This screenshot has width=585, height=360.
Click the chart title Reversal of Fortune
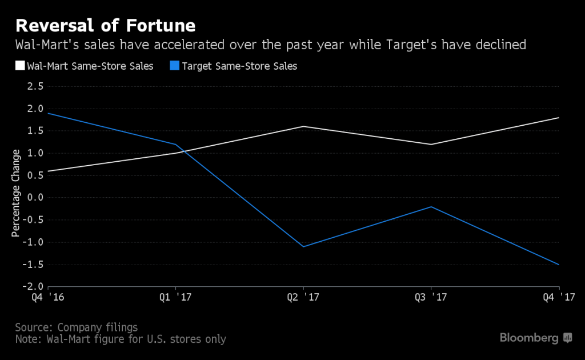click(x=106, y=26)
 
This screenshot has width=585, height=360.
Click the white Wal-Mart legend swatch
click(x=19, y=66)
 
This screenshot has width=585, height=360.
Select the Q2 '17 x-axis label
click(x=303, y=297)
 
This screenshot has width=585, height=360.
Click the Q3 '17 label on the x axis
click(x=431, y=297)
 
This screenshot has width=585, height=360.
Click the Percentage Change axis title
click(x=16, y=194)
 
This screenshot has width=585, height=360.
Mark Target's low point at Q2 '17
click(x=303, y=246)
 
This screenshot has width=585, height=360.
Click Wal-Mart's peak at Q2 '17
click(x=303, y=126)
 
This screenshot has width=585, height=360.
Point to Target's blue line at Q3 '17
click(x=431, y=207)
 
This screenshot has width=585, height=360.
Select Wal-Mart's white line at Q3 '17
click(x=431, y=144)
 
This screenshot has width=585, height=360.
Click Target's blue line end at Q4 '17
click(x=558, y=265)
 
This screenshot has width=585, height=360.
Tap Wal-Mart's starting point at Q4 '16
click(x=49, y=171)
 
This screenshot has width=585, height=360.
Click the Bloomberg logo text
click(x=529, y=338)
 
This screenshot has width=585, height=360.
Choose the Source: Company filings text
click(x=77, y=327)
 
